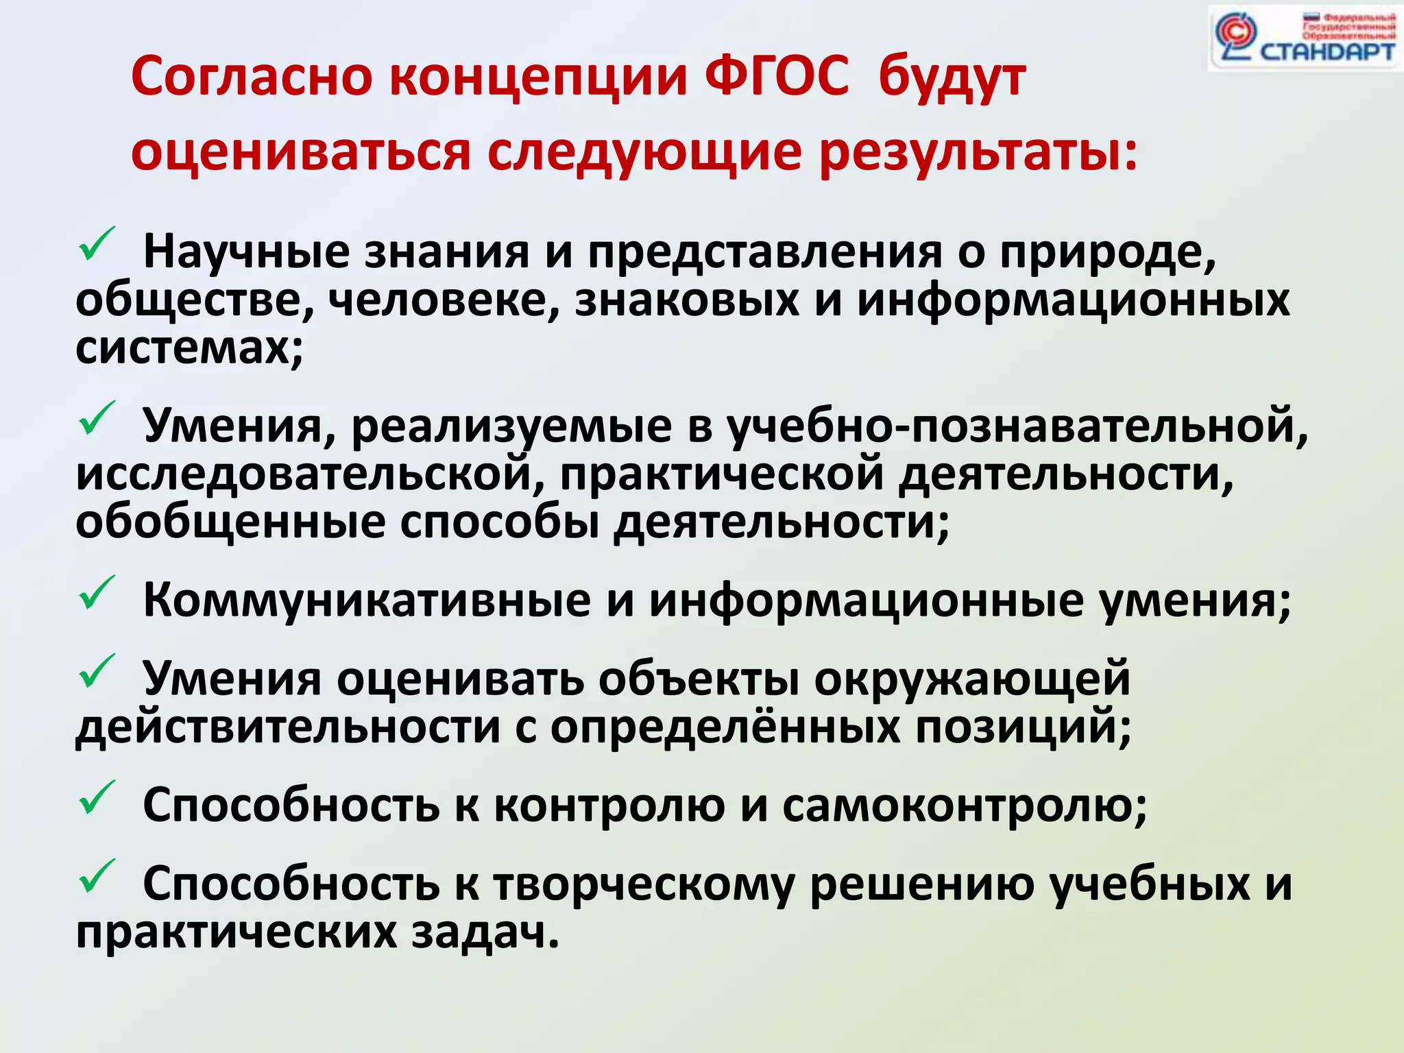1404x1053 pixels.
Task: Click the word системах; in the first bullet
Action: [189, 348]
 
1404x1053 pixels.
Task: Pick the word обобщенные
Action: [230, 522]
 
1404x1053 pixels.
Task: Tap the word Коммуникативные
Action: [367, 601]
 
